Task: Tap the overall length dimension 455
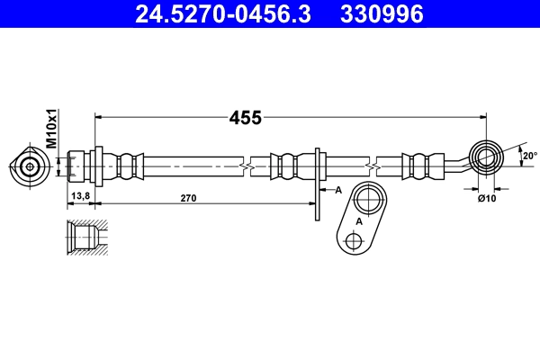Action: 245,117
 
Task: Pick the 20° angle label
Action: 529,156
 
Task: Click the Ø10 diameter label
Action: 487,198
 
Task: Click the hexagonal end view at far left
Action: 30,166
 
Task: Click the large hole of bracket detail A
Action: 367,200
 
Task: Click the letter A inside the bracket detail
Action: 359,221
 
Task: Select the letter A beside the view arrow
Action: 338,190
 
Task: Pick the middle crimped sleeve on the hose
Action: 288,166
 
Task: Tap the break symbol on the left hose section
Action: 245,166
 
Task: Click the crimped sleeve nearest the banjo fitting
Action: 419,166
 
